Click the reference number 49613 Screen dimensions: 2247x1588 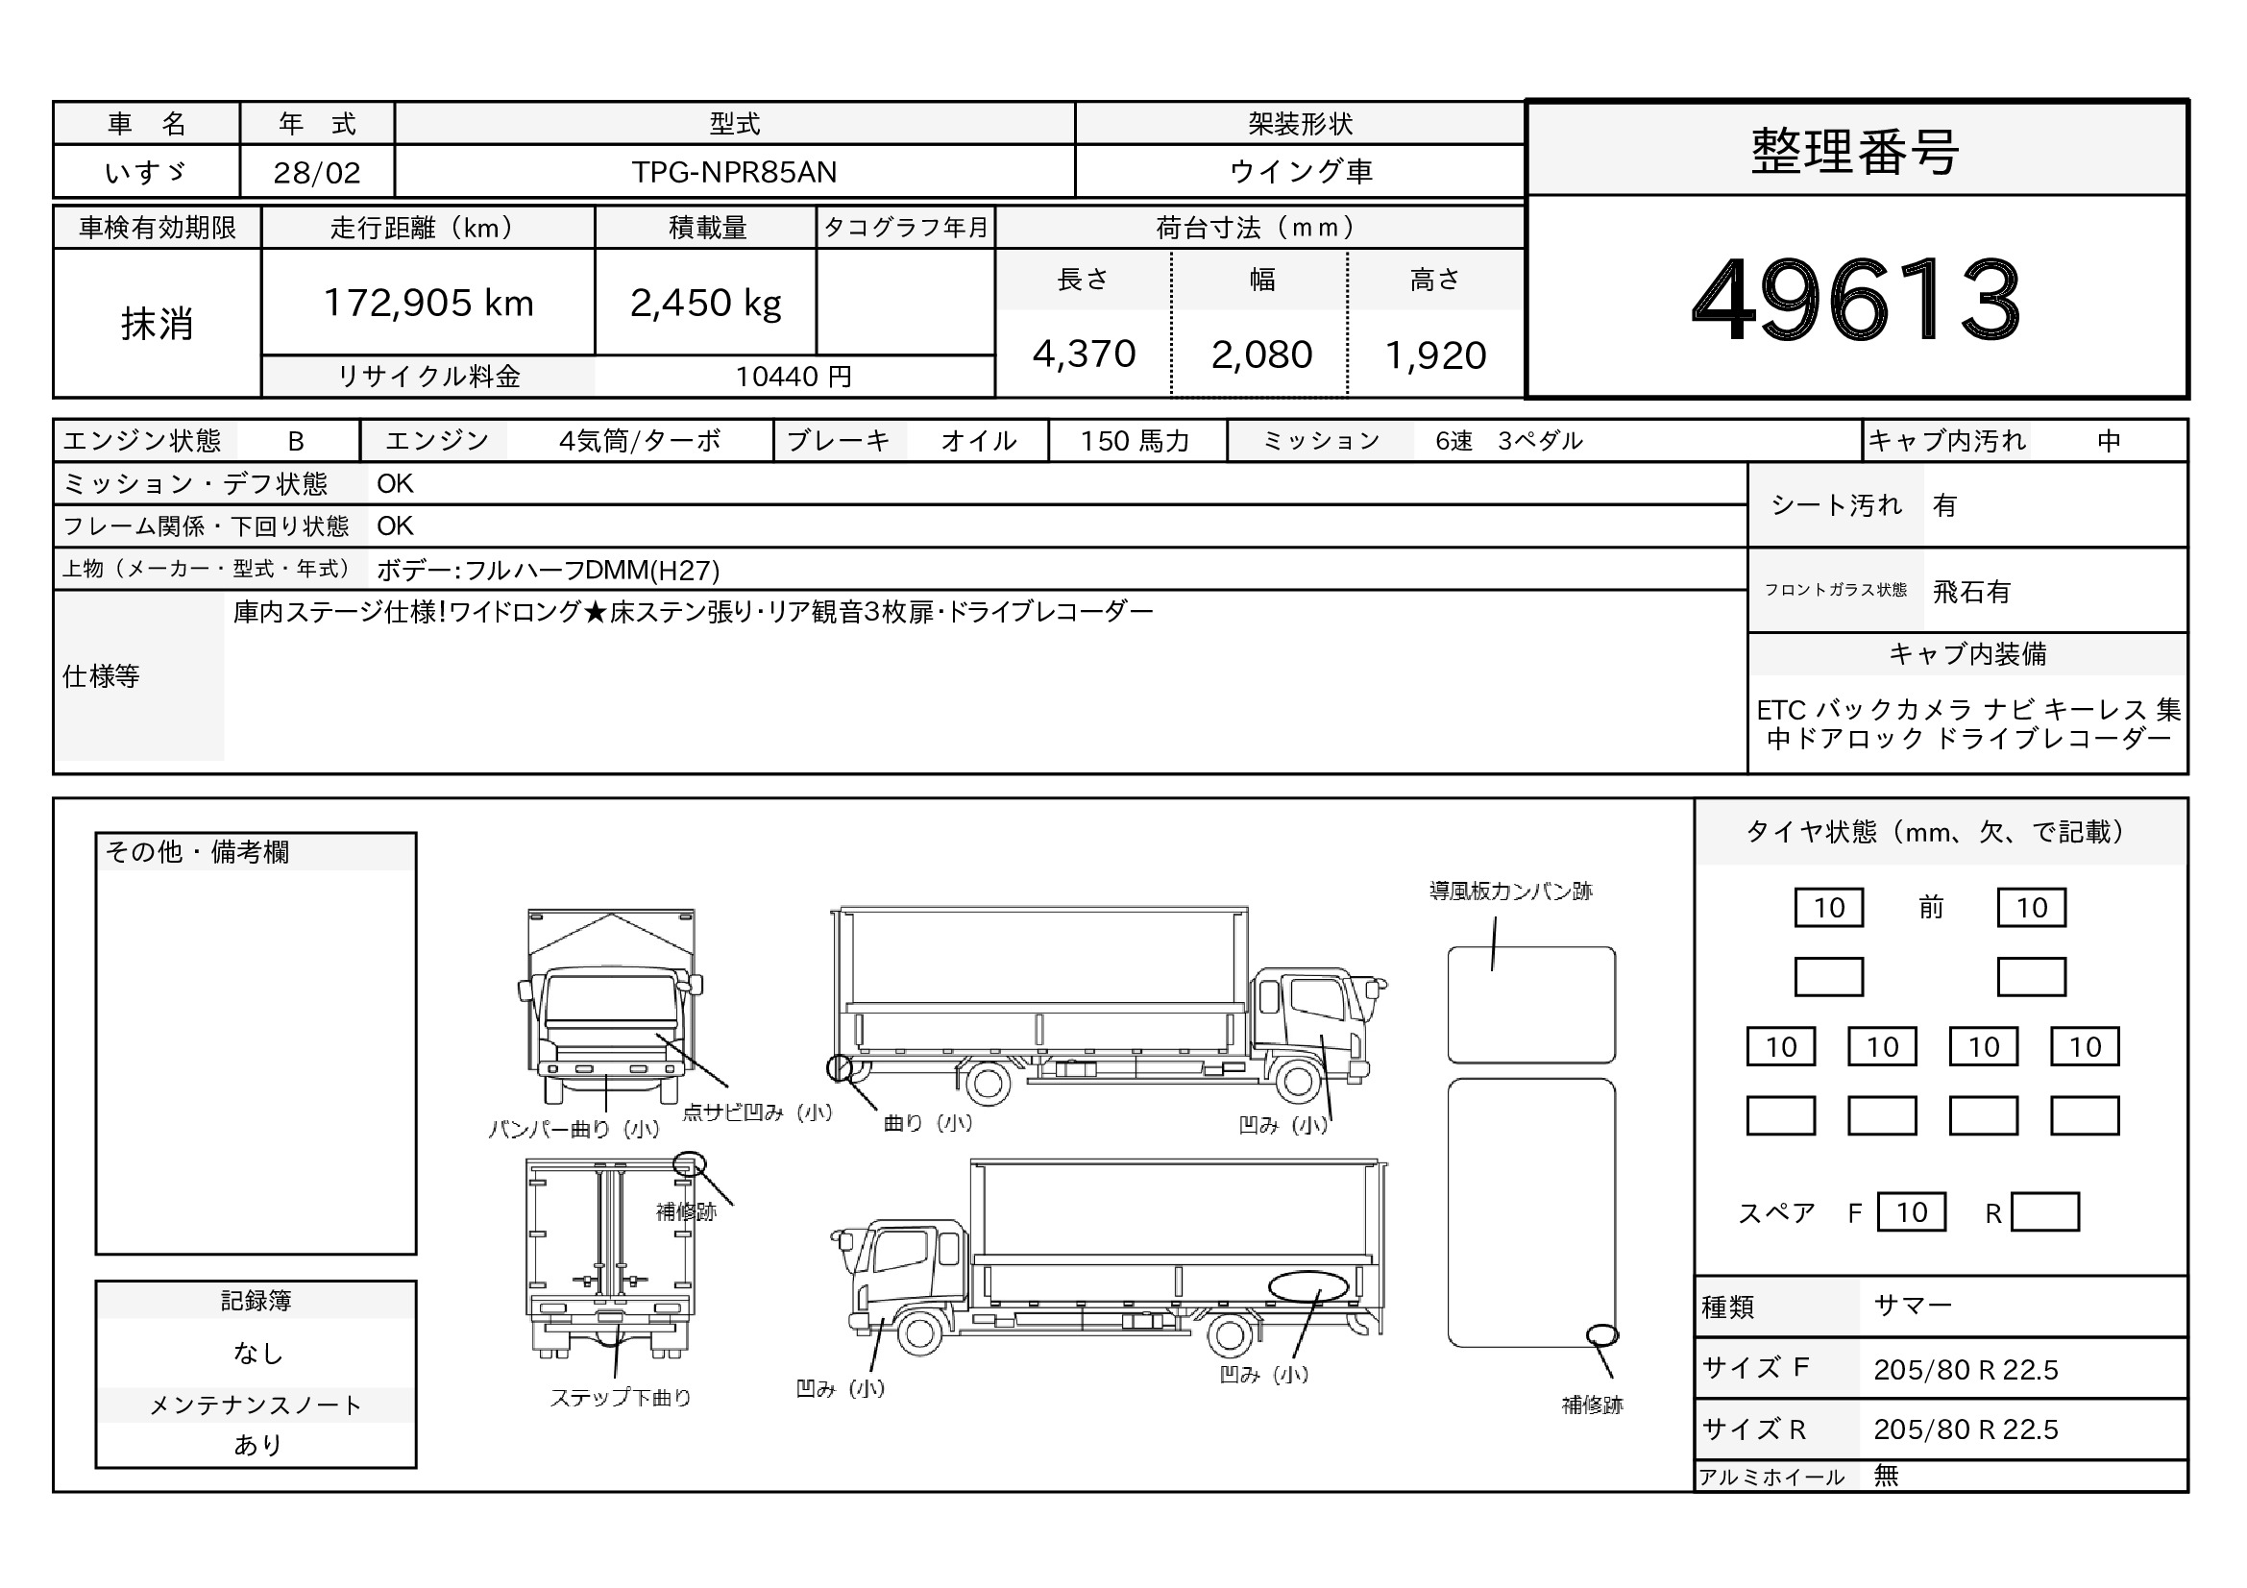click(1856, 298)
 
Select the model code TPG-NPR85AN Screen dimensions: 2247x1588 click(734, 172)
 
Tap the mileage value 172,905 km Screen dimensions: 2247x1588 click(428, 303)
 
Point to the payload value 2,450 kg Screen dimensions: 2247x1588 click(706, 304)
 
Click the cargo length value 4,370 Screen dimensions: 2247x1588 click(1085, 354)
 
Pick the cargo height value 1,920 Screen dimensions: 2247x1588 click(1435, 354)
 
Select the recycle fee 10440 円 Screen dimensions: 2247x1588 click(794, 377)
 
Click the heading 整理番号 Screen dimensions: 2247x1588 click(1856, 152)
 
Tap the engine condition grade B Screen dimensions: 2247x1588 click(296, 441)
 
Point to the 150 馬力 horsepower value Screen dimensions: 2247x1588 click(1136, 441)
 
